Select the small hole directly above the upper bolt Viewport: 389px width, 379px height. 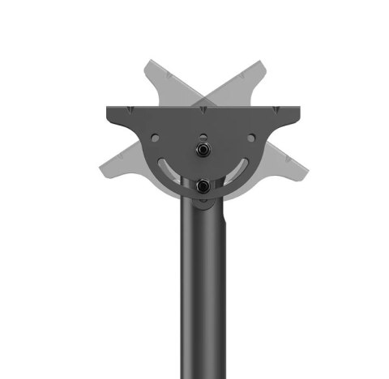pyautogui.click(x=202, y=136)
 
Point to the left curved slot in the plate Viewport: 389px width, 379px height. pyautogui.click(x=169, y=168)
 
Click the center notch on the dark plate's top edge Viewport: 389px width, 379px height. pyautogui.click(x=201, y=107)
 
